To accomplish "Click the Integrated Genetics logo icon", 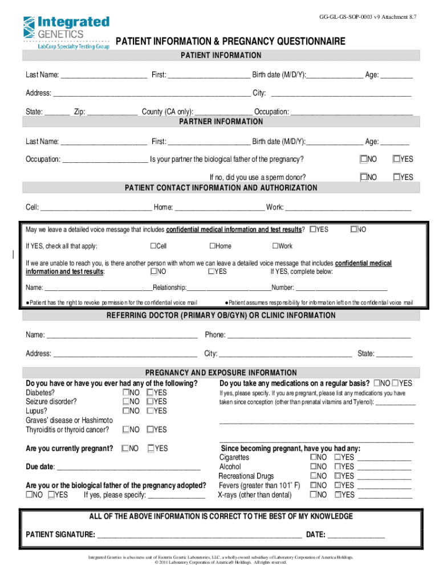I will (29, 27).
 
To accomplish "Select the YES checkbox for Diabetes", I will (150, 393).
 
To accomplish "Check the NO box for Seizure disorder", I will (125, 402).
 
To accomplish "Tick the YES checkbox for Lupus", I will (150, 411).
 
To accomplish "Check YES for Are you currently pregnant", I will (151, 449).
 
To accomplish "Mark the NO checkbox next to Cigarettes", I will (313, 458).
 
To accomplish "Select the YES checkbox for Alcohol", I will (338, 467).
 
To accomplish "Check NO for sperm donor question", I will (363, 178).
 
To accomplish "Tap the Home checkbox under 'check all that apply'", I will (212, 247).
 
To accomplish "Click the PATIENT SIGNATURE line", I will (200, 535).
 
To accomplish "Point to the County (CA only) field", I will (223, 112).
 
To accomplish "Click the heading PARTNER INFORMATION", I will (221, 122).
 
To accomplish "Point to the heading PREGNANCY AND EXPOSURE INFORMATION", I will (221, 373).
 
